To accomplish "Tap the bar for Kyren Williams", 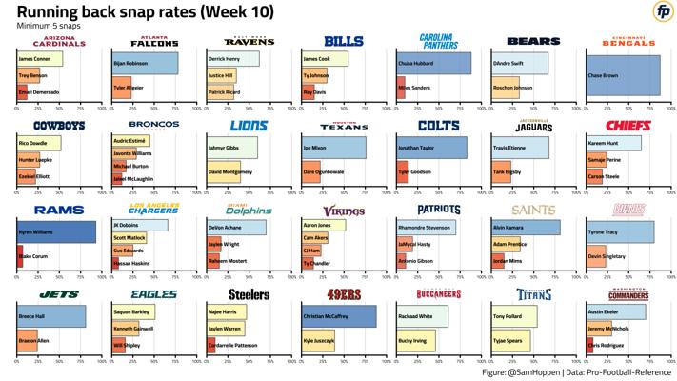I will click(x=56, y=232).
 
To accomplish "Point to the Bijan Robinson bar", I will click(x=145, y=63).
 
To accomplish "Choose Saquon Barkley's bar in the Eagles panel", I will click(x=140, y=311).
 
